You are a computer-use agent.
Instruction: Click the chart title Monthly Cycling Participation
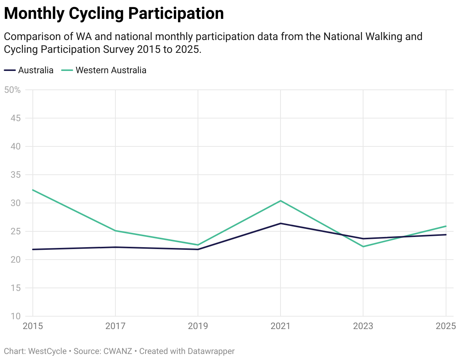pos(114,14)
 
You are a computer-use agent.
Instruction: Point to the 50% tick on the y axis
pos(12,90)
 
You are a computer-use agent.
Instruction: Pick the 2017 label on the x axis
pos(115,326)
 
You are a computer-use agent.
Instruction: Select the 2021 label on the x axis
pos(281,326)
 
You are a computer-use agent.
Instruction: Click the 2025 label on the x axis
pos(446,326)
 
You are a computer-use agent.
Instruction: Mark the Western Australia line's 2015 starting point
pos(33,190)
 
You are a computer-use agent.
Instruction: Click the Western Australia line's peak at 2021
pos(281,201)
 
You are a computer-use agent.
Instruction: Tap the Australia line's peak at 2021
pos(281,223)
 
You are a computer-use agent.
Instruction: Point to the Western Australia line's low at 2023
pos(363,246)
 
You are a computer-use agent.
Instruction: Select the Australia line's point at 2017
pos(115,247)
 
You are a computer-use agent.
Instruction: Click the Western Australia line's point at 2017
pos(115,231)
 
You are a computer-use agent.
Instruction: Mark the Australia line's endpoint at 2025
pos(446,235)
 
